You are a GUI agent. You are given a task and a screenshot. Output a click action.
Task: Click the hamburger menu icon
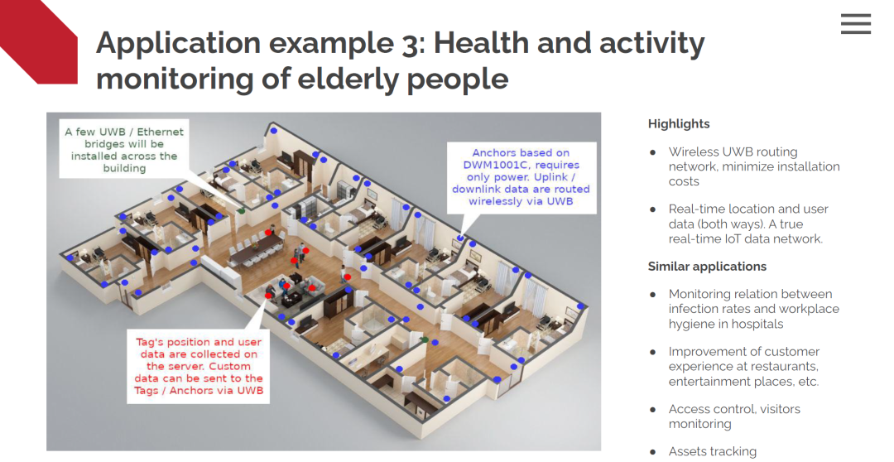click(x=855, y=24)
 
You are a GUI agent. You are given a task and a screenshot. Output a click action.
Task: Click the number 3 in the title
click(x=410, y=44)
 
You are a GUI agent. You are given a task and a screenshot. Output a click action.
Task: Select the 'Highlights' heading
click(x=679, y=123)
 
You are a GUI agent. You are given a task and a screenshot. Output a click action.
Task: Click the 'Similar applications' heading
click(x=707, y=267)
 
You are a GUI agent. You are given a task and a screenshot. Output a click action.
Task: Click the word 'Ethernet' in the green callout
click(x=161, y=132)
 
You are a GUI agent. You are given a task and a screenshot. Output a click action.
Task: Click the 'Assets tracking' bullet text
click(x=713, y=452)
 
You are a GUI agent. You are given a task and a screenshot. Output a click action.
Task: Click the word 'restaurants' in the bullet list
click(x=788, y=366)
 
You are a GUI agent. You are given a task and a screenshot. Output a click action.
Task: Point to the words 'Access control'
click(x=704, y=409)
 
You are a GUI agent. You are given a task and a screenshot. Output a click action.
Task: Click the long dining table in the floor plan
click(x=257, y=252)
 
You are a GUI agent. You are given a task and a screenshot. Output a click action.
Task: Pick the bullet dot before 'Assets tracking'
click(x=653, y=452)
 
